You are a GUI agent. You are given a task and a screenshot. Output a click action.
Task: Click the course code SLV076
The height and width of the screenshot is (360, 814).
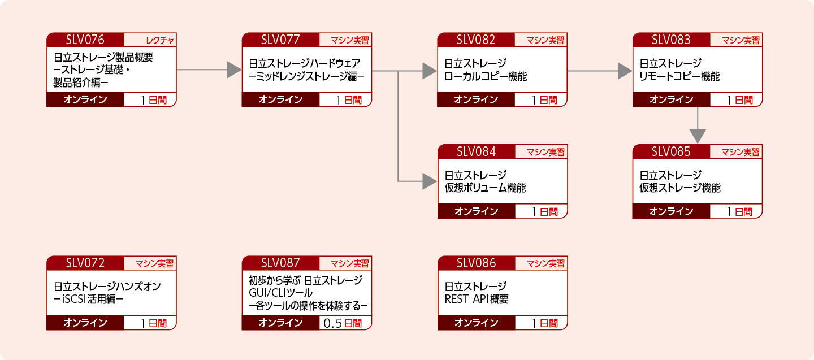tap(85, 40)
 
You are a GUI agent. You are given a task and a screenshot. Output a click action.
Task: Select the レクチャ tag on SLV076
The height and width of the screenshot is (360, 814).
tap(150, 40)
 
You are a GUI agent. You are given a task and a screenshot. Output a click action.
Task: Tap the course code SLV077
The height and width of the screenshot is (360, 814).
tap(281, 40)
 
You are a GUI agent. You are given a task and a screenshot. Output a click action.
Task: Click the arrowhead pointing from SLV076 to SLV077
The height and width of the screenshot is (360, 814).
tap(234, 70)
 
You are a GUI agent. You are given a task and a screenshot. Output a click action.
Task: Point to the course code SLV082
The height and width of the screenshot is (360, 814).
tap(476, 40)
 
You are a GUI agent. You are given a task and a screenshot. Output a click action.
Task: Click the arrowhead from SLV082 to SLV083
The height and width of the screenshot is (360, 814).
tap(625, 71)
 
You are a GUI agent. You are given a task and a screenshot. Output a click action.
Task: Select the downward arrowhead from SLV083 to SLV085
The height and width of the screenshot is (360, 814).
tap(698, 136)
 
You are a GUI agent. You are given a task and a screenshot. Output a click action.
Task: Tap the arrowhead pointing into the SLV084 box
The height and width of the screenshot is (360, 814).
tap(430, 181)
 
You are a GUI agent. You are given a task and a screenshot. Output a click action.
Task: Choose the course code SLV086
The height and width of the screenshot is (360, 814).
tap(476, 263)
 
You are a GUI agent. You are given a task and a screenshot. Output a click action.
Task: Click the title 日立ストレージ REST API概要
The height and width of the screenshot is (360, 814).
tap(477, 293)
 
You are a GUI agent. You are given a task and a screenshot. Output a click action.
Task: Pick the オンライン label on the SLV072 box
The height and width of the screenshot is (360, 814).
tap(85, 323)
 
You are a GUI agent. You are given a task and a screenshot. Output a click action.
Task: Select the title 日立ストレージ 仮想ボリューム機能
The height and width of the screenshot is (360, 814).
tap(484, 181)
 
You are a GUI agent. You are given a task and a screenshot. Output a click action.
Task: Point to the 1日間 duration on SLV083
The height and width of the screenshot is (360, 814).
tap(741, 100)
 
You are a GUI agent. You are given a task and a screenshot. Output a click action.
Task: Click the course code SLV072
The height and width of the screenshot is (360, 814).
tap(85, 263)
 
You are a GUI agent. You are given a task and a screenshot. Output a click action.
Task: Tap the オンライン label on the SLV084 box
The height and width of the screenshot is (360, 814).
tap(476, 211)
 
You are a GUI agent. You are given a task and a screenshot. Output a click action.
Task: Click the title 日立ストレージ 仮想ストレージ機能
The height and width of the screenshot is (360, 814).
tap(680, 181)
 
